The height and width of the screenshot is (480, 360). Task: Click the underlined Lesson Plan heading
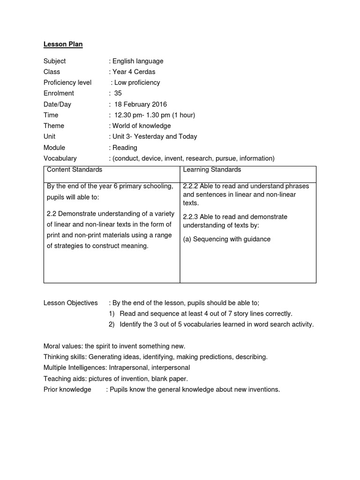pyautogui.click(x=63, y=45)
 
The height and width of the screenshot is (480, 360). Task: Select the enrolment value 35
pyautogui.click(x=118, y=93)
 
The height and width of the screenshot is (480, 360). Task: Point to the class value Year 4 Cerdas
pyautogui.click(x=134, y=72)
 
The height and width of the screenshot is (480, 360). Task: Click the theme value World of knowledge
pyautogui.click(x=141, y=126)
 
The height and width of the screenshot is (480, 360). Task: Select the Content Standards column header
pyautogui.click(x=74, y=170)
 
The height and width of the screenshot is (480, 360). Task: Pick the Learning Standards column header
pyautogui.click(x=212, y=170)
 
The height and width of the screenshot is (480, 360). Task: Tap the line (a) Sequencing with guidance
pyautogui.click(x=226, y=239)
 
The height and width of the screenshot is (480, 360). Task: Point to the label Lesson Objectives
pyautogui.click(x=70, y=303)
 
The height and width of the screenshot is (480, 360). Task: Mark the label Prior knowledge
pyautogui.click(x=67, y=389)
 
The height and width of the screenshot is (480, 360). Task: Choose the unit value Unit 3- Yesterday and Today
pyautogui.click(x=154, y=136)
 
